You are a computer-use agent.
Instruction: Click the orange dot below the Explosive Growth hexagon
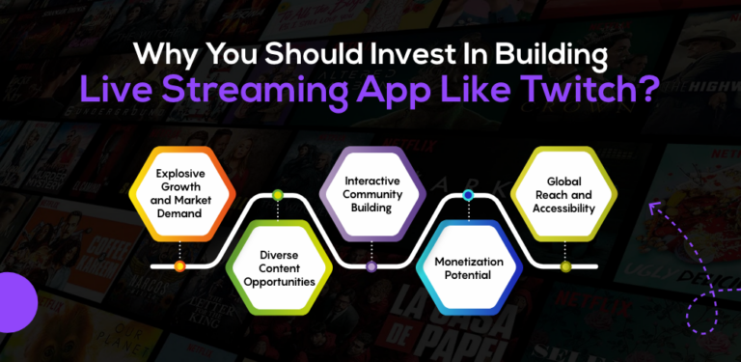coord(179,265)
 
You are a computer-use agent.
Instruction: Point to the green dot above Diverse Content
coord(278,196)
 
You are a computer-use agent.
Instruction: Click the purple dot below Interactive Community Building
coord(372,265)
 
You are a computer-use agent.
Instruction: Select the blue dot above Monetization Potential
coord(468,195)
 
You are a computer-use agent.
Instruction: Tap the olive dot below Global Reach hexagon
coord(565,265)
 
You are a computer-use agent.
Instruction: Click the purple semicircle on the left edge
coord(14,302)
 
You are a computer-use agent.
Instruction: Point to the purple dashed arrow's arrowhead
coord(656,206)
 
